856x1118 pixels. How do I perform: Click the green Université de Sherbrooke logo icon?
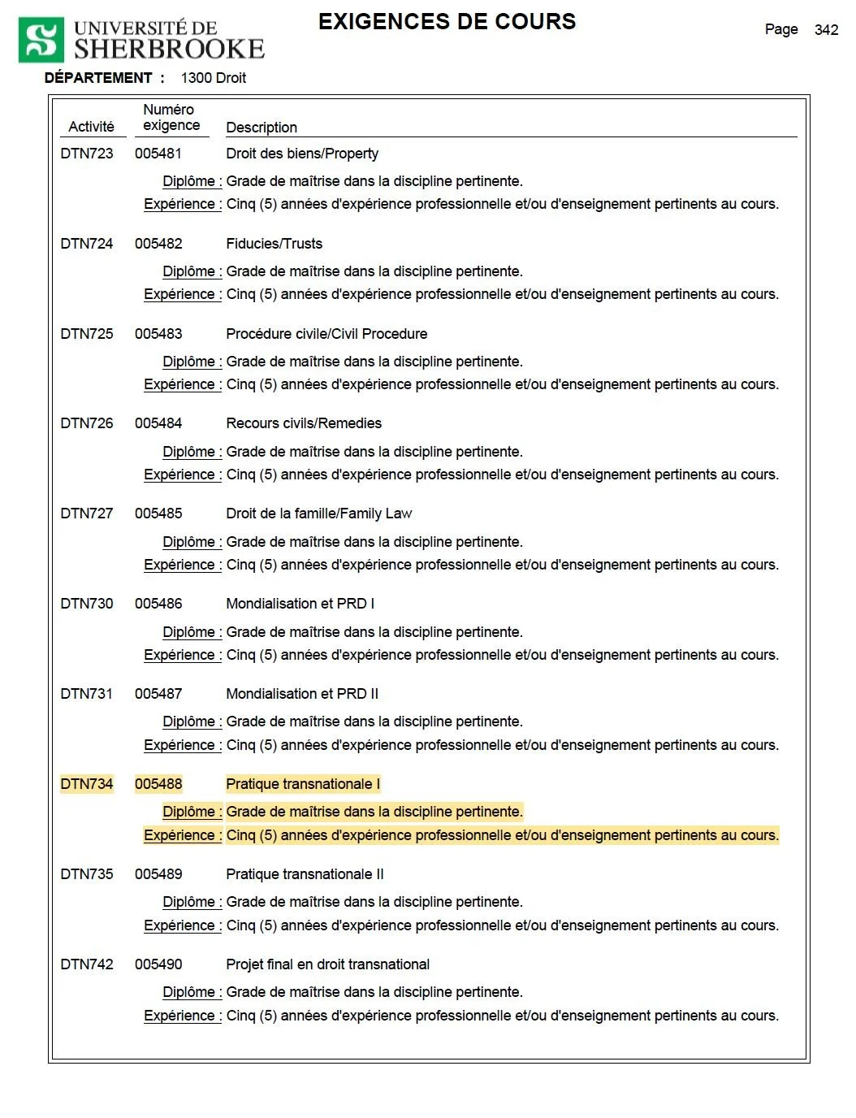(41, 41)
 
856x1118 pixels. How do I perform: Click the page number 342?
(826, 30)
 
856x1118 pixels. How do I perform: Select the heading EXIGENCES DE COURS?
(447, 22)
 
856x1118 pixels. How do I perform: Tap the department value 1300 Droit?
(213, 78)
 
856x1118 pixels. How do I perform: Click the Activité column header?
(91, 127)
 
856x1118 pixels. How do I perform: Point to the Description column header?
(262, 128)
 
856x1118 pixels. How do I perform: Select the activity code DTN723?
(87, 154)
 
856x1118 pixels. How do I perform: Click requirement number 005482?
(158, 244)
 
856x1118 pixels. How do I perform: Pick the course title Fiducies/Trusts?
(274, 244)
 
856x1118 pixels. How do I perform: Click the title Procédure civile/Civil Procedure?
(326, 334)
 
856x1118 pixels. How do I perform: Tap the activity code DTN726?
(87, 423)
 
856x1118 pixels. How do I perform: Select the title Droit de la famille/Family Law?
(318, 513)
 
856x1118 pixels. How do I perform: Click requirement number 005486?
(158, 604)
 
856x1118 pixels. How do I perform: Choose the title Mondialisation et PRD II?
(302, 694)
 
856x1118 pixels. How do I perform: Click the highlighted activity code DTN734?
(87, 784)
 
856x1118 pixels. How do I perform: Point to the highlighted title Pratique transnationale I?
(302, 784)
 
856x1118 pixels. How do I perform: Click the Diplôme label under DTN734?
(192, 812)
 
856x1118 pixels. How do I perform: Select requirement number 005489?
(158, 874)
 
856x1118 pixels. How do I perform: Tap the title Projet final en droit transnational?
(327, 964)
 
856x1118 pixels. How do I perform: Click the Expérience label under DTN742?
(182, 1016)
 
